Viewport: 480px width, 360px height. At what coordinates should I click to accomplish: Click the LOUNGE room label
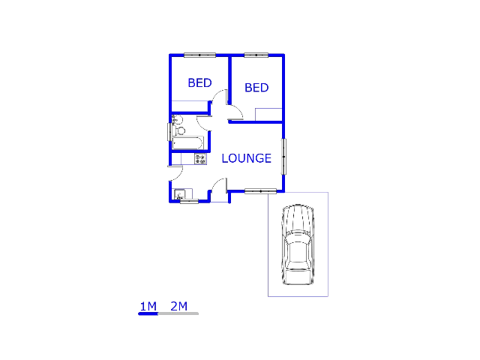pos(246,158)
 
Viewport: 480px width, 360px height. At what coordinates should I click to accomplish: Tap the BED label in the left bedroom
pos(199,82)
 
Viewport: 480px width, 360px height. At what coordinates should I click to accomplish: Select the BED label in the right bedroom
pos(256,88)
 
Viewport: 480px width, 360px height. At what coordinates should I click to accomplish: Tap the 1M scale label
pos(148,305)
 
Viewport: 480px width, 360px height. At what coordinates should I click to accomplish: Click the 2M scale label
pos(178,305)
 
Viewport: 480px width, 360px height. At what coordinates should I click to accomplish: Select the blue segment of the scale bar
pos(148,313)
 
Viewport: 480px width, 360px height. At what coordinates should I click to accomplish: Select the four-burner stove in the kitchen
pos(199,158)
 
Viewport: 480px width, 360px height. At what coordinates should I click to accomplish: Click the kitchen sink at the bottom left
pos(179,195)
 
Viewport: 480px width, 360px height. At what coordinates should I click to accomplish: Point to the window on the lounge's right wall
pos(283,156)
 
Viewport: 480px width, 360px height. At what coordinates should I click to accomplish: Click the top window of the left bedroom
pos(200,55)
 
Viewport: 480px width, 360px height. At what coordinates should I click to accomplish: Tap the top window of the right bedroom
pos(256,55)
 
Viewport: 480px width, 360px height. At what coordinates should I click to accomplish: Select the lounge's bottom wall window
pos(260,191)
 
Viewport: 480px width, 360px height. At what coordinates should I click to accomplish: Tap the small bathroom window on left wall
pos(169,132)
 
